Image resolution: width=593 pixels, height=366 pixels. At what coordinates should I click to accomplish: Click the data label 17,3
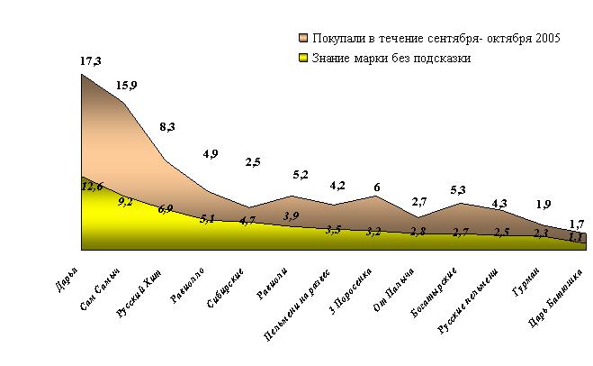pos(90,61)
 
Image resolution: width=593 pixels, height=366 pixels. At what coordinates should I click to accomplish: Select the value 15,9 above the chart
pos(128,87)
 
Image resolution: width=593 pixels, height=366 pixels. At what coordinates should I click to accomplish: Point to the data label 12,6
pos(92,187)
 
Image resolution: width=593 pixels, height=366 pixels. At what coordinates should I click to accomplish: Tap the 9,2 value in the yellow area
pos(125,202)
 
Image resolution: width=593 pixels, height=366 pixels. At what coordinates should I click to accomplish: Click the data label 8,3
pos(168,128)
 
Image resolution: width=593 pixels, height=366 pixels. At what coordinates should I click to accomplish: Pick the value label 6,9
pos(166,209)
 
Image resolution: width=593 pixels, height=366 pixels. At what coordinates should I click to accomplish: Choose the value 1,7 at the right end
pos(579,223)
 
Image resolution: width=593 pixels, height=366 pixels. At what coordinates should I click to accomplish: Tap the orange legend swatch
pos(304,39)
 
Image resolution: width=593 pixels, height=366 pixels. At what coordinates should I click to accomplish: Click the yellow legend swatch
pos(304,59)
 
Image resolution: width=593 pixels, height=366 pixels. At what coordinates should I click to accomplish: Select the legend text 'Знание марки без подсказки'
pos(391,59)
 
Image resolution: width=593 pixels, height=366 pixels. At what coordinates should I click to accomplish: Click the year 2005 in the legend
pos(547,39)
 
